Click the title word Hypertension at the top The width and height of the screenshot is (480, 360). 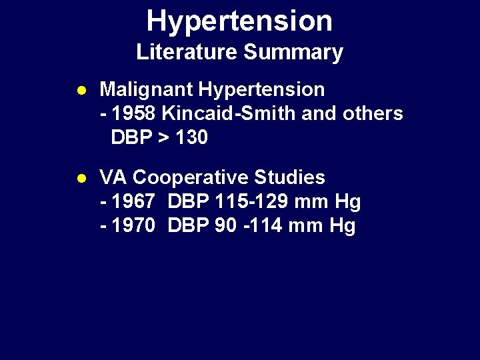[239, 21]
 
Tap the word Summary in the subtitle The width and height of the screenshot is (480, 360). [293, 52]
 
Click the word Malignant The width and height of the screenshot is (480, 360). [146, 89]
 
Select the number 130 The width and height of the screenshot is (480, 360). [191, 137]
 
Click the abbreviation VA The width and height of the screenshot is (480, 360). [113, 177]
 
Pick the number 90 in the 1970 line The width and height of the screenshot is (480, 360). [225, 226]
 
